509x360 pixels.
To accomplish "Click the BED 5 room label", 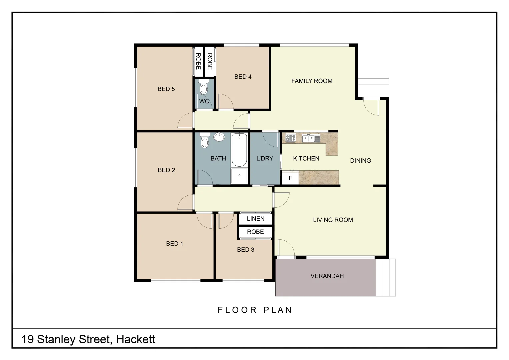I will (x=166, y=89).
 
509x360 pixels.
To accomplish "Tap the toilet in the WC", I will (x=203, y=88).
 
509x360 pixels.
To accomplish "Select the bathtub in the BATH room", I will (x=239, y=150).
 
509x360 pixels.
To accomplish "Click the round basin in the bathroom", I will (x=219, y=137).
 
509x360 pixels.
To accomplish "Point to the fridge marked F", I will (x=290, y=178).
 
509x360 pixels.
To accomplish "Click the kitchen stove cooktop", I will (x=291, y=138).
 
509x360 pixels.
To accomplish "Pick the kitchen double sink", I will (x=309, y=138).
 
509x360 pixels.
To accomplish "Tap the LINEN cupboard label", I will (x=256, y=219).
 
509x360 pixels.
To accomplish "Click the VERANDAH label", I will (x=327, y=276).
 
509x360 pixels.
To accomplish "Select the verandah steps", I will (x=386, y=277).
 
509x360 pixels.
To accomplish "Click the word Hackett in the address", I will (x=136, y=339).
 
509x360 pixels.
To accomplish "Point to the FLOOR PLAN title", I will (x=255, y=310).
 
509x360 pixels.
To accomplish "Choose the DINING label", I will (x=360, y=161).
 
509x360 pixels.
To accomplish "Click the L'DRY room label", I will (x=265, y=159).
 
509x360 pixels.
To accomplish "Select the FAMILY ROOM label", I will (x=312, y=81).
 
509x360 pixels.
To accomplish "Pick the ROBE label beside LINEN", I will (x=255, y=232).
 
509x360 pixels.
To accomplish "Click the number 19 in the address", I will (x=28, y=339).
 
